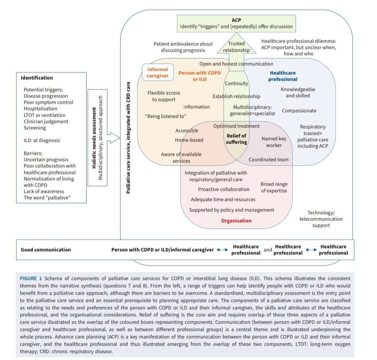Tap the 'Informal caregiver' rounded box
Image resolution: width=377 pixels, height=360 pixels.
tap(158, 72)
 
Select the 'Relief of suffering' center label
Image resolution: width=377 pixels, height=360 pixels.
tap(236, 139)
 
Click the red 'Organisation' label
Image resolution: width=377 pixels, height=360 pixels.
tap(236, 221)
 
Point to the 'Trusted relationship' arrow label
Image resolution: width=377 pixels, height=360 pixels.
tap(236, 47)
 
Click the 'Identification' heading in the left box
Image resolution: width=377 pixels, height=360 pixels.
tap(37, 78)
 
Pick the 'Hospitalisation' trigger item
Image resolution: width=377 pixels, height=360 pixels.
tap(41, 109)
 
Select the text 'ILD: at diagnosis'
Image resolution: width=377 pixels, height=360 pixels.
tap(42, 140)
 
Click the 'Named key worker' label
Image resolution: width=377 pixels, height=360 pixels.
tap(274, 142)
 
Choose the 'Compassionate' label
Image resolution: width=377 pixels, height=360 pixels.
tap(299, 111)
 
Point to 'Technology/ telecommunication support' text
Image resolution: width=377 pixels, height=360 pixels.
tap(321, 219)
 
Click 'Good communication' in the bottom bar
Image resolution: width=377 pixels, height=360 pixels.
tap(46, 250)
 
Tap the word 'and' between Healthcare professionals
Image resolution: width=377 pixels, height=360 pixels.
tap(268, 250)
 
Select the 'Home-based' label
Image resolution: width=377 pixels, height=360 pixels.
tap(189, 140)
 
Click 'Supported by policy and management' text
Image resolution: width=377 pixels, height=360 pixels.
tap(231, 210)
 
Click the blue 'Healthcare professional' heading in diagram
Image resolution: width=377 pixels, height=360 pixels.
tap(282, 76)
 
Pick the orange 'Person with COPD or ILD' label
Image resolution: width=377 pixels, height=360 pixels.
tap(199, 76)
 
